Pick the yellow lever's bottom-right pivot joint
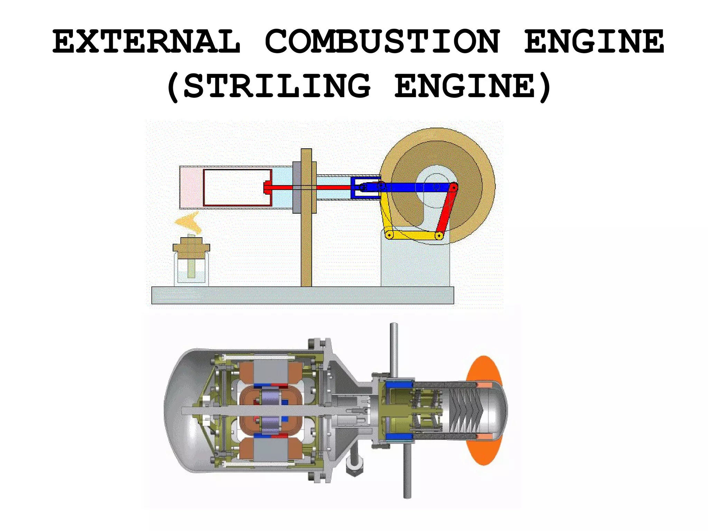439,236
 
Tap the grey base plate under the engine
302,295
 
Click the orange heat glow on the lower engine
484,366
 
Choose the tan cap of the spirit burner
191,246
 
